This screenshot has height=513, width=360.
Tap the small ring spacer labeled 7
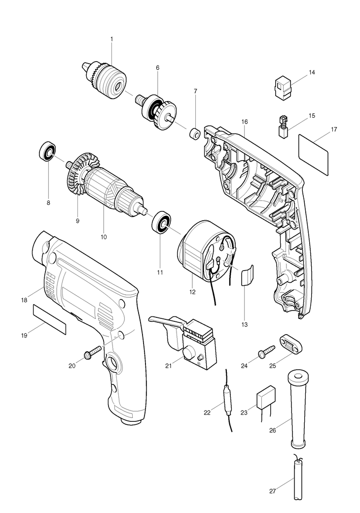(195, 133)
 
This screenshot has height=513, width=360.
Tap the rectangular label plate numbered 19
(49, 319)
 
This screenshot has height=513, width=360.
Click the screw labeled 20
(92, 352)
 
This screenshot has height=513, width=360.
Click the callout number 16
(245, 122)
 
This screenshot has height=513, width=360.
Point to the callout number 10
(104, 237)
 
